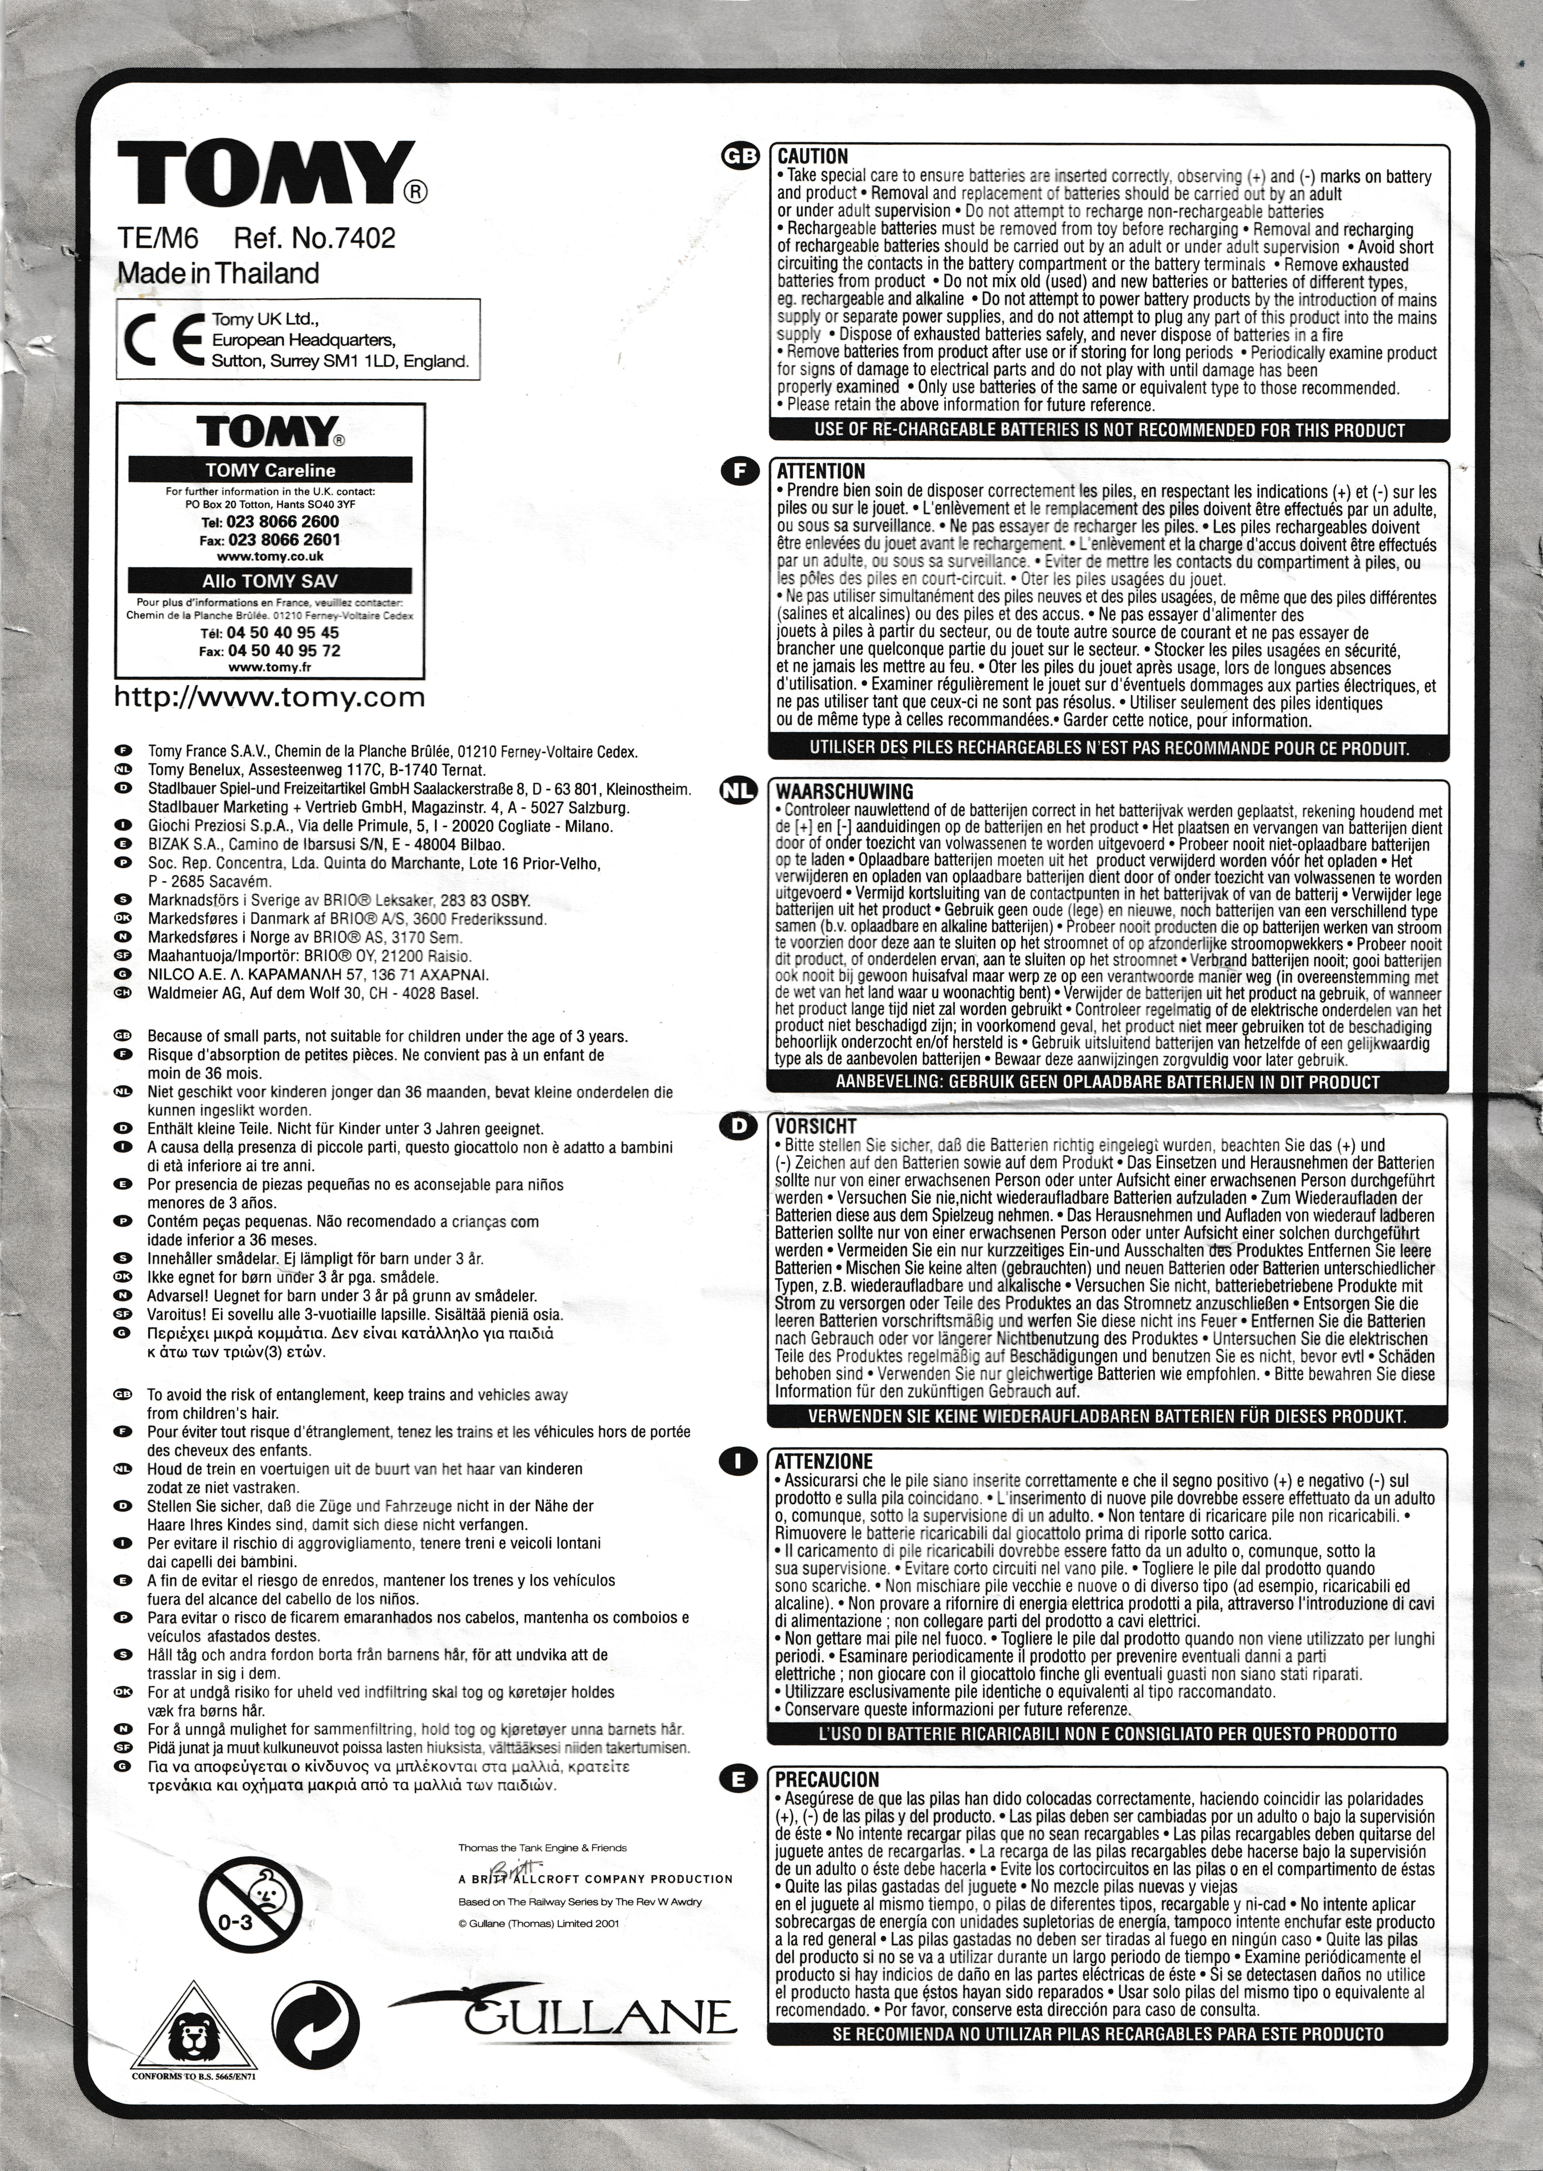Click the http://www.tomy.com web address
(x=270, y=698)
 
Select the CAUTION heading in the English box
(x=812, y=156)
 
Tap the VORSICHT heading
(x=815, y=1126)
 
